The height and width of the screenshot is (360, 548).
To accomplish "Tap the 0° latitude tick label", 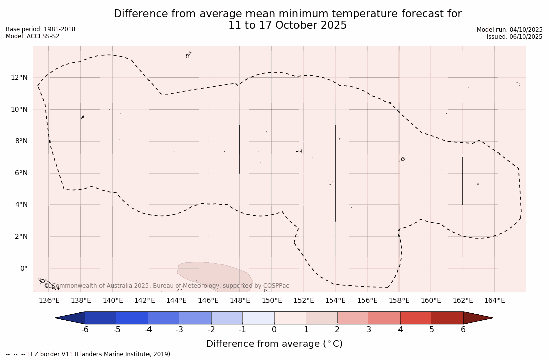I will tap(23, 269).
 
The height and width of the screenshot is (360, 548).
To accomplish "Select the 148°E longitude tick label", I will tap(240, 301).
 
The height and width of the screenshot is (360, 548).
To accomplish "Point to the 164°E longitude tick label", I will tap(494, 301).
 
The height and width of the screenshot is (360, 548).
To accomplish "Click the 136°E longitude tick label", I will tap(49, 301).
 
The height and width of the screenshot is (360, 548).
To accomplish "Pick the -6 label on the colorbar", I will tap(85, 330).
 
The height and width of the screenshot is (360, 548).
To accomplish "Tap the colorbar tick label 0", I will tap(274, 330).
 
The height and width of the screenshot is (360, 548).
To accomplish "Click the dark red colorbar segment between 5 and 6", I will tap(447, 318).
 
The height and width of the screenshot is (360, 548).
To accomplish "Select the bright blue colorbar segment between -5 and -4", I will tap(132, 318).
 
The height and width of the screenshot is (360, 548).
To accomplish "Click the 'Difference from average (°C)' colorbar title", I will tap(274, 344).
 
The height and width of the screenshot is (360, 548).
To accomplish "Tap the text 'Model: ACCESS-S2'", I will tap(32, 36).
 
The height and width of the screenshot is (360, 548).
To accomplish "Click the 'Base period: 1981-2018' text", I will tap(40, 29).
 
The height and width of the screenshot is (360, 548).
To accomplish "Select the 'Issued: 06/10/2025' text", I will tap(515, 37).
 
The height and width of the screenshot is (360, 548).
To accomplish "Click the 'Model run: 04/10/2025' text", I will tap(510, 30).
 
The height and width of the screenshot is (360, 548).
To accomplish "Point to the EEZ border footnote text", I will tap(89, 354).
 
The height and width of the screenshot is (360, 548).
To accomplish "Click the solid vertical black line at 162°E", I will tap(462, 181).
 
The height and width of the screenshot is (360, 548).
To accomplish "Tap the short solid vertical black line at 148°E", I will tap(240, 149).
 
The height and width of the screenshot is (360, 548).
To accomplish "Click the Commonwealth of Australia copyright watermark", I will tap(167, 286).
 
